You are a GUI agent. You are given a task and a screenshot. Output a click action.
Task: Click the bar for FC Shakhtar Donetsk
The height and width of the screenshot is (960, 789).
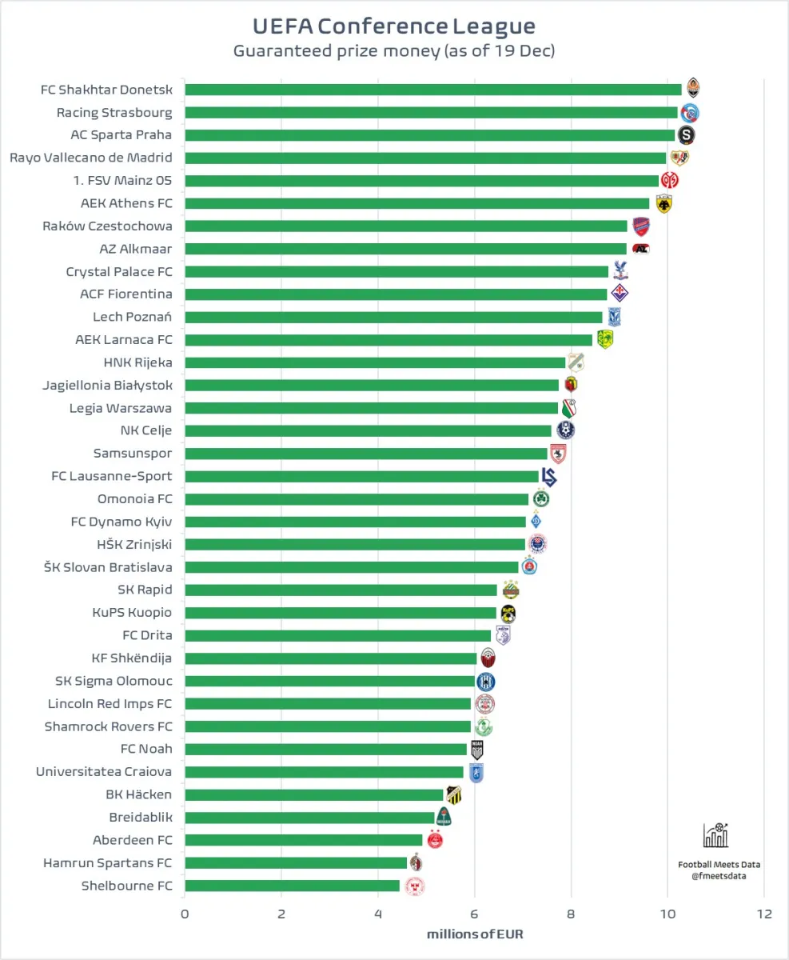(432, 90)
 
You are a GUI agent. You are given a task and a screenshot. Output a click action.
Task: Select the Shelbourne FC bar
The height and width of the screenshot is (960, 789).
(292, 886)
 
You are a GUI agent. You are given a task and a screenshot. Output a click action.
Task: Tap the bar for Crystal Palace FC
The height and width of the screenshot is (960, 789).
(396, 272)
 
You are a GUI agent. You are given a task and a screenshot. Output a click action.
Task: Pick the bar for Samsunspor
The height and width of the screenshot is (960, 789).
(365, 454)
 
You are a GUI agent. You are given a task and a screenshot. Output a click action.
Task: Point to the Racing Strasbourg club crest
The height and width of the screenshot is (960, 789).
(690, 113)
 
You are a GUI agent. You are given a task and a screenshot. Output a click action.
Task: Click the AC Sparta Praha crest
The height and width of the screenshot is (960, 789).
(686, 134)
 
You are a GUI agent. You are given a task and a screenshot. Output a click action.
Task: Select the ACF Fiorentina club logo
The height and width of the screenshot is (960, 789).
(620, 294)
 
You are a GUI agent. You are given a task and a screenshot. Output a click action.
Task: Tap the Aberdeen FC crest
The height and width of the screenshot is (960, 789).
(434, 840)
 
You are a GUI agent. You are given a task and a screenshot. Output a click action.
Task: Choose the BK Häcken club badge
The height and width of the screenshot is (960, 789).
(454, 794)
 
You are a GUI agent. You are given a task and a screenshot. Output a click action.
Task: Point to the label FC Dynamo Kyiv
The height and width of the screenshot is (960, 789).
(122, 522)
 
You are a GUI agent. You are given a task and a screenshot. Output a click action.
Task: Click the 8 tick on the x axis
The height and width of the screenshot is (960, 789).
(571, 914)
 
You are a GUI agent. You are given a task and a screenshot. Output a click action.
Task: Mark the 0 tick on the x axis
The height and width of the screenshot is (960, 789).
(185, 914)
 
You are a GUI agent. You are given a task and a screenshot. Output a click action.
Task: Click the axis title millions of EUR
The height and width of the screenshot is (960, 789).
(474, 934)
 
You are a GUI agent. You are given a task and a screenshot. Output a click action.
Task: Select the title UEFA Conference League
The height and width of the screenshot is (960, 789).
(394, 26)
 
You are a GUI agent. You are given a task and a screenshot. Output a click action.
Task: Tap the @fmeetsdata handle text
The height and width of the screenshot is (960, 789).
(719, 876)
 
